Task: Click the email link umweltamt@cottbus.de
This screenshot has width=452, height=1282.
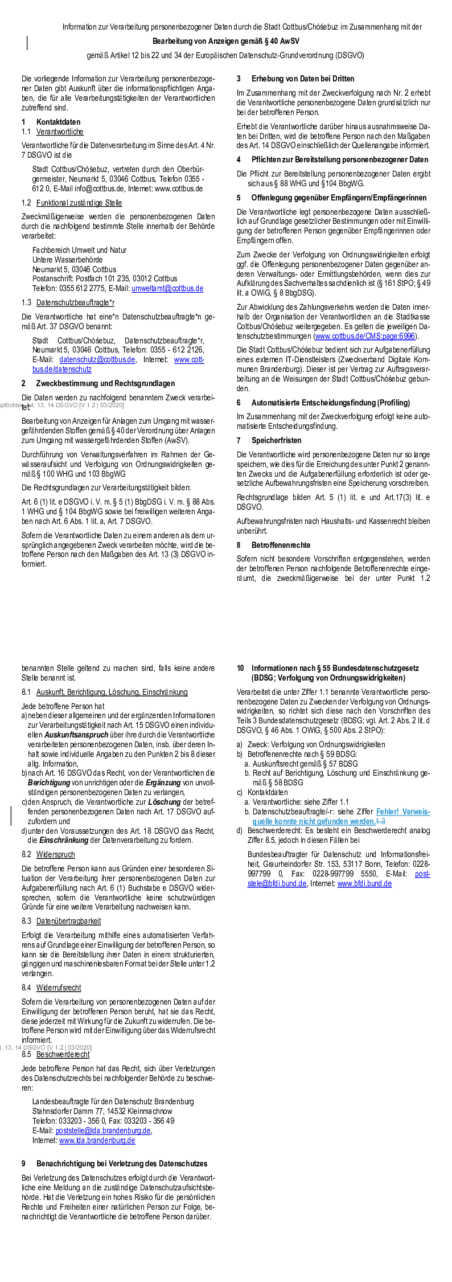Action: click(167, 288)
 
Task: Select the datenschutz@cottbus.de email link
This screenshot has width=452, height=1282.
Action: click(97, 359)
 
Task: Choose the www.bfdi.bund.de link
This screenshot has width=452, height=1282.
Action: click(364, 883)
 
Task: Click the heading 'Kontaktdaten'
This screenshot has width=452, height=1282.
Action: click(58, 122)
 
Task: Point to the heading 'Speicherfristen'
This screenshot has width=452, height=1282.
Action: click(277, 440)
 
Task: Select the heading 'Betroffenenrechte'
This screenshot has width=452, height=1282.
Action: click(281, 545)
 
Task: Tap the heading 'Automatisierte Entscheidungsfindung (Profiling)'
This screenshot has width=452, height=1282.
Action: click(330, 403)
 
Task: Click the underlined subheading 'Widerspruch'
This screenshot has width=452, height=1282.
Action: click(56, 854)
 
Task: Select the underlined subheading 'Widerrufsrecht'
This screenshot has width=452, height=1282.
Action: click(59, 988)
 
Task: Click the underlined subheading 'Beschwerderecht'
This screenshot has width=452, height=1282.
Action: click(63, 1054)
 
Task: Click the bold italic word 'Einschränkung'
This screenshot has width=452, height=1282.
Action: click(64, 840)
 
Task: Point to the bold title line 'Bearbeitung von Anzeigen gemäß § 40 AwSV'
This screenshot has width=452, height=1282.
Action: click(226, 41)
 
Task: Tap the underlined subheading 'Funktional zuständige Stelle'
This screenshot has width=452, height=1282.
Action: click(79, 203)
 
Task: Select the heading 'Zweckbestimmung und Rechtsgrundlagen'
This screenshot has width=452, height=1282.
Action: click(105, 383)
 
